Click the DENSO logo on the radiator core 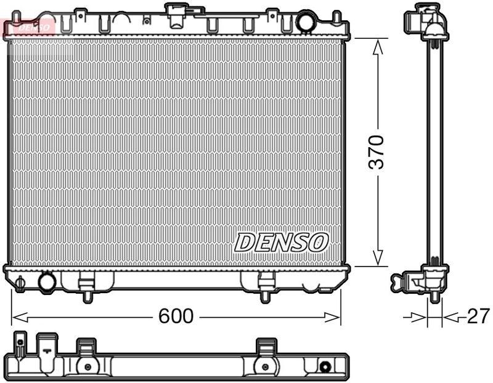tap(281, 242)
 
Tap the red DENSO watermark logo tap(28, 26)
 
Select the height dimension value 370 tap(377, 152)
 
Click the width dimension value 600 tap(176, 316)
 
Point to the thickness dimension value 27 tap(478, 316)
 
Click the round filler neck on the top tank tap(305, 22)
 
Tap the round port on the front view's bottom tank tap(47, 281)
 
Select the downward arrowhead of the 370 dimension tap(378, 259)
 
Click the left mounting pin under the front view tap(87, 297)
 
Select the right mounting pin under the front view tap(265, 297)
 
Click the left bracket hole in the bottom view tap(87, 367)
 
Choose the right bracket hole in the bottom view tap(265, 367)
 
